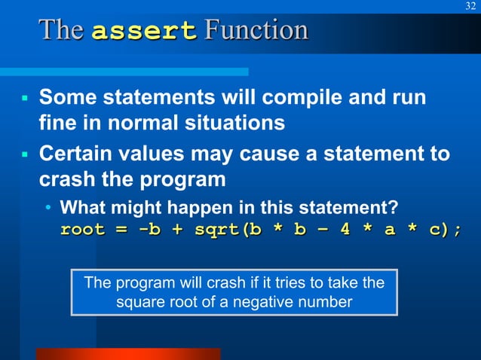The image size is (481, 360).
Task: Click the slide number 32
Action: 470,7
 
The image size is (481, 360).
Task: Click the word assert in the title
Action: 144,32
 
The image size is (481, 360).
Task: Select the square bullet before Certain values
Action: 24,155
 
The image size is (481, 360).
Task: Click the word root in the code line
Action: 82,230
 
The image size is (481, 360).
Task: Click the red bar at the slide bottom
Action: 127,353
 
